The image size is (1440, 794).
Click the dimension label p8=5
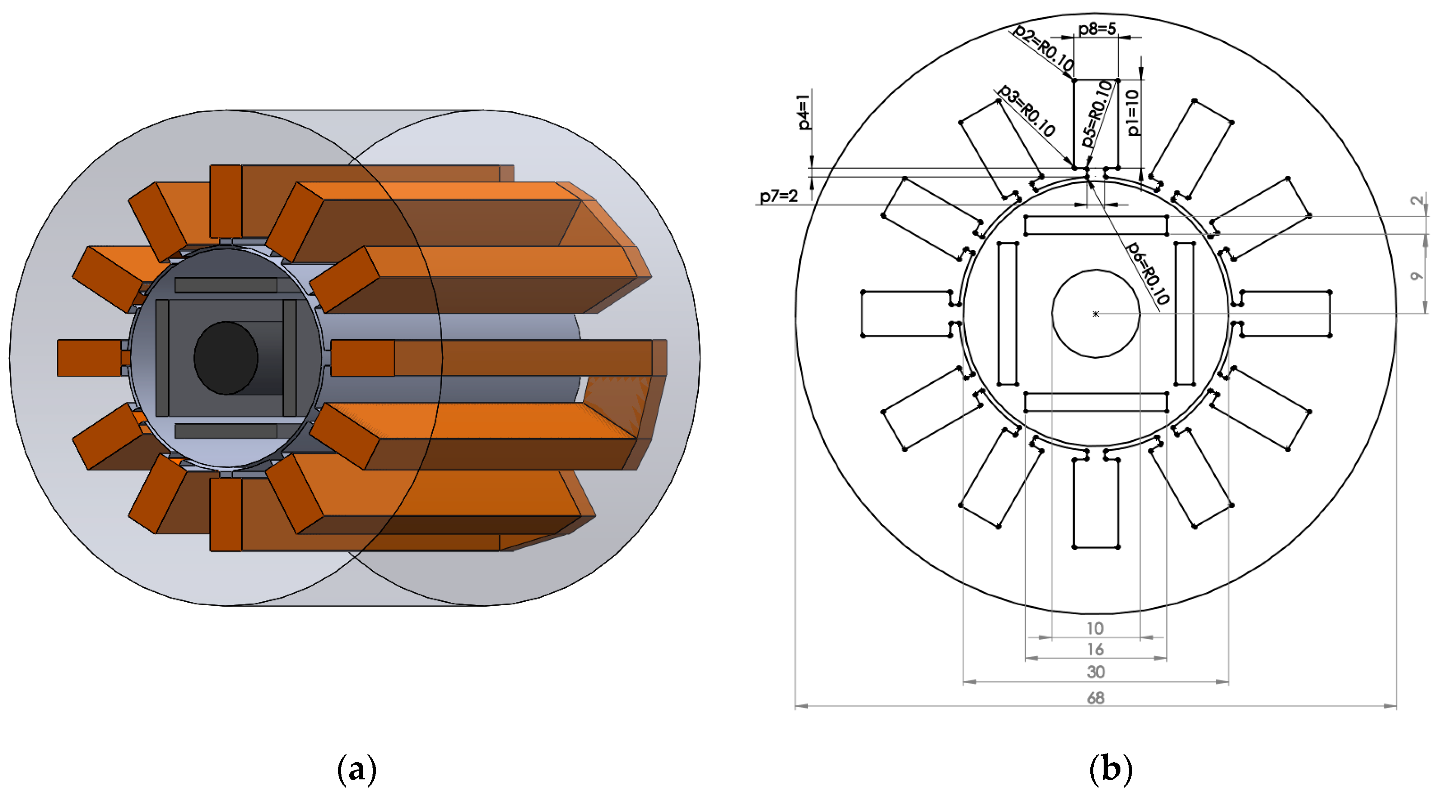pyautogui.click(x=1097, y=28)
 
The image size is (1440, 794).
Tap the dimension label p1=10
pyautogui.click(x=1132, y=112)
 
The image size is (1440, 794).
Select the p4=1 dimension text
pyautogui.click(x=804, y=112)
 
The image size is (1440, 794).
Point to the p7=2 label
pyautogui.click(x=778, y=196)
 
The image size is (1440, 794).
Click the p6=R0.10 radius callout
pyautogui.click(x=1147, y=273)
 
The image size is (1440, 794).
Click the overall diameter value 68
pyautogui.click(x=1095, y=697)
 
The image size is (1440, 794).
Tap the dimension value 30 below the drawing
pyautogui.click(x=1095, y=671)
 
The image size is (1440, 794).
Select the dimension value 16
pyautogui.click(x=1095, y=649)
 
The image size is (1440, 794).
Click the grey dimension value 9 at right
pyautogui.click(x=1415, y=276)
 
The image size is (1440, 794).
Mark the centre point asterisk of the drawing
pyautogui.click(x=1095, y=314)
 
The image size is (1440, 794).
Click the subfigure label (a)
pyautogui.click(x=357, y=769)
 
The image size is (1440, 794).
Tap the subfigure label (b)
pyautogui.click(x=1111, y=769)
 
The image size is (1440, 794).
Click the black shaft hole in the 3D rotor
pyautogui.click(x=225, y=358)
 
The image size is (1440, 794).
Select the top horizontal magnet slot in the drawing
pyautogui.click(x=1095, y=225)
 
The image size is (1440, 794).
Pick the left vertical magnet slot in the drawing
pyautogui.click(x=1007, y=313)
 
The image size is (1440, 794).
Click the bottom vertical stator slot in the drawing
pyautogui.click(x=1095, y=503)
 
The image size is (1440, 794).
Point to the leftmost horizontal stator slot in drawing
pyautogui.click(x=905, y=313)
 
